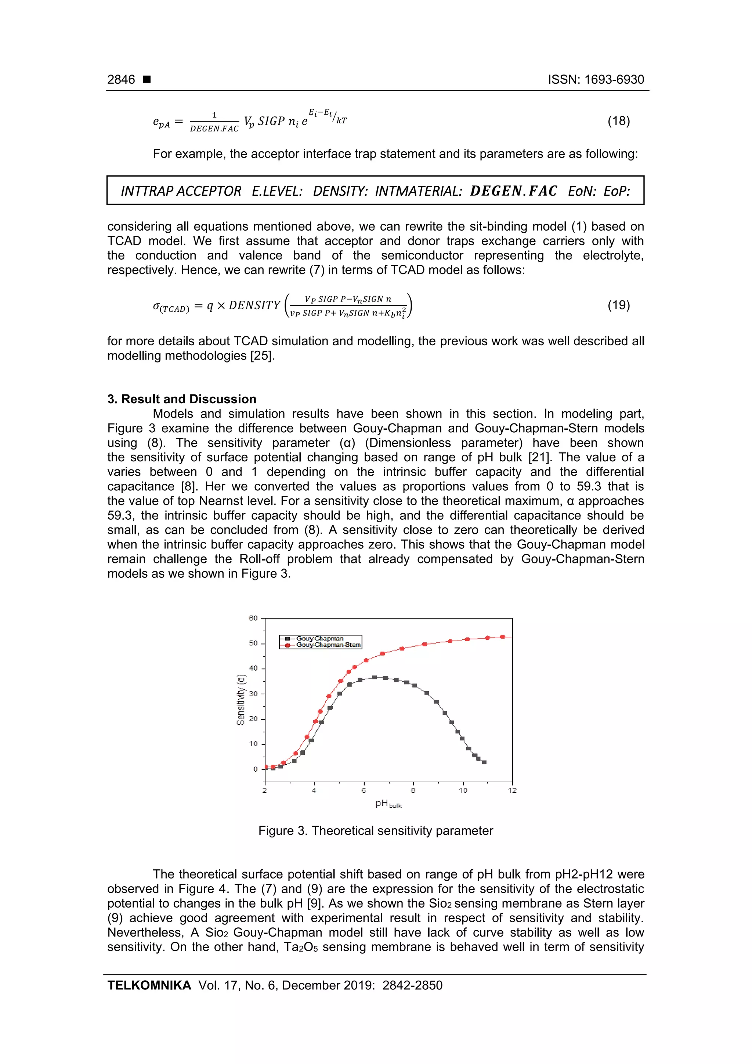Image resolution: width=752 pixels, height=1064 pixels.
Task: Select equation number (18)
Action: tap(619, 122)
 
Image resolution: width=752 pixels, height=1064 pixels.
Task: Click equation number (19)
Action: tap(619, 305)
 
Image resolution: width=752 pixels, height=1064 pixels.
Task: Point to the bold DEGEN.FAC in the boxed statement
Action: tap(513, 191)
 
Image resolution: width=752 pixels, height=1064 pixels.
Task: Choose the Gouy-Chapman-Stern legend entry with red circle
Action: tap(328, 645)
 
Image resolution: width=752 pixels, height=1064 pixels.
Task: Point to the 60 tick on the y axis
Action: tap(253, 618)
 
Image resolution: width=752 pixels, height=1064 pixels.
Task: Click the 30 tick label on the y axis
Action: tap(253, 694)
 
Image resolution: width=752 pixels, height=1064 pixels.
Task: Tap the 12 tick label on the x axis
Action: tap(512, 791)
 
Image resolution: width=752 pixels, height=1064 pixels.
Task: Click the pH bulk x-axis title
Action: tap(388, 804)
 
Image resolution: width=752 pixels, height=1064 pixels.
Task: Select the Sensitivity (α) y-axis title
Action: tap(241, 699)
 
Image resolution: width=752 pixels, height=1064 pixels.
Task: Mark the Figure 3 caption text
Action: tap(375, 831)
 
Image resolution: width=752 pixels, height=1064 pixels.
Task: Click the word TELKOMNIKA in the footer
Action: tap(149, 986)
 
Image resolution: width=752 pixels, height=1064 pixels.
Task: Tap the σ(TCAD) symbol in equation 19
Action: tap(170, 307)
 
